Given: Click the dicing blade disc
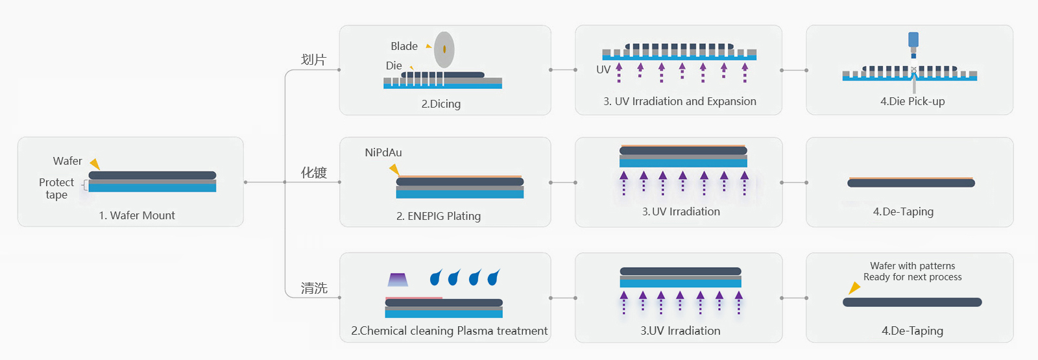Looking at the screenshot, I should (444, 49).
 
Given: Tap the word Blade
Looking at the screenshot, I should (404, 46).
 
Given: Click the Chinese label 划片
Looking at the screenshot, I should (313, 60).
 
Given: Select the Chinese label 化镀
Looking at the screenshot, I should (313, 173).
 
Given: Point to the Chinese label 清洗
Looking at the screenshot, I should (313, 288).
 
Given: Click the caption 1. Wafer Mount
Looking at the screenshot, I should (137, 215).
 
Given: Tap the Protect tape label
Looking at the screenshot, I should (56, 188).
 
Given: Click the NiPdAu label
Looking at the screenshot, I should (383, 152).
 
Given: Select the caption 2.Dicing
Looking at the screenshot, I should (441, 104).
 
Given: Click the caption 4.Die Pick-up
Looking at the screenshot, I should (912, 101).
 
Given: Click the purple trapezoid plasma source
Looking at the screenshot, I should (398, 280).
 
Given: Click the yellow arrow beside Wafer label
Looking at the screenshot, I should (95, 163).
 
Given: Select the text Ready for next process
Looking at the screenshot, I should (912, 277).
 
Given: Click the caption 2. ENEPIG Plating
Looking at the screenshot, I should (439, 216).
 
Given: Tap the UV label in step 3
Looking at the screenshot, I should (603, 69).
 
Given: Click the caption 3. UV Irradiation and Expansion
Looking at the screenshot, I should (679, 101).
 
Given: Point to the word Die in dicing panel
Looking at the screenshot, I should (394, 66).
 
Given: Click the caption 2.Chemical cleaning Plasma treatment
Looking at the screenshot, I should (449, 331).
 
